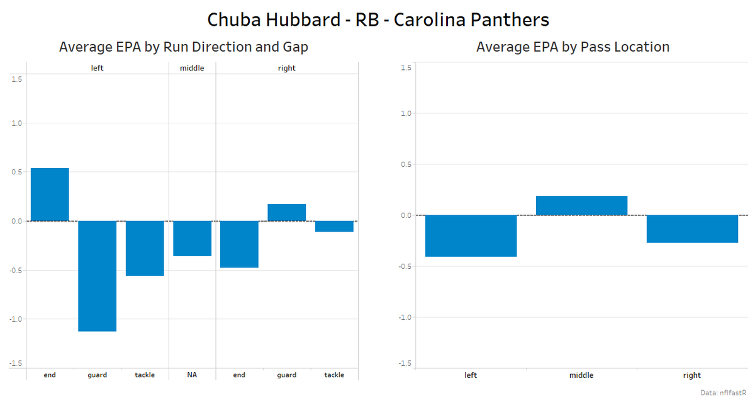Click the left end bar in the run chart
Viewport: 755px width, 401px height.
pos(50,195)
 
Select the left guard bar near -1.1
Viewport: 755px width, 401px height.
pos(97,276)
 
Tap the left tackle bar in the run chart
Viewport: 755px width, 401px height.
pos(145,248)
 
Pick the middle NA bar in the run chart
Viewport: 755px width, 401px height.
pos(192,239)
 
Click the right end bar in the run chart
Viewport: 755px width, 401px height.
pos(239,244)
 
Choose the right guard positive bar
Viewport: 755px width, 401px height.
pos(286,213)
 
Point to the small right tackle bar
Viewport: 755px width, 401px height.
pos(334,227)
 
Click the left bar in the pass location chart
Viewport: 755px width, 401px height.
pos(471,236)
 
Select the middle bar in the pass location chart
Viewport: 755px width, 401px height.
pos(581,206)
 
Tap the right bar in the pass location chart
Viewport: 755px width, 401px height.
pos(692,229)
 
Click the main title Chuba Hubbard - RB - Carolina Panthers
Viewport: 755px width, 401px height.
pos(377,20)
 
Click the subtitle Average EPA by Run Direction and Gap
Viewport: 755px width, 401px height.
pos(184,47)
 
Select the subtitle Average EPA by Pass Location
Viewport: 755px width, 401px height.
pos(573,47)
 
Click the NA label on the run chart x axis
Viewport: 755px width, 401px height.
pos(192,375)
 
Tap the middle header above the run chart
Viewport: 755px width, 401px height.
pos(192,68)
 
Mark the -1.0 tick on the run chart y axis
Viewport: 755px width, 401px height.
pos(16,319)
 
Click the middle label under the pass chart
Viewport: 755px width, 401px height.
pos(581,375)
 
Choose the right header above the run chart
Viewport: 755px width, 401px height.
pos(286,68)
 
